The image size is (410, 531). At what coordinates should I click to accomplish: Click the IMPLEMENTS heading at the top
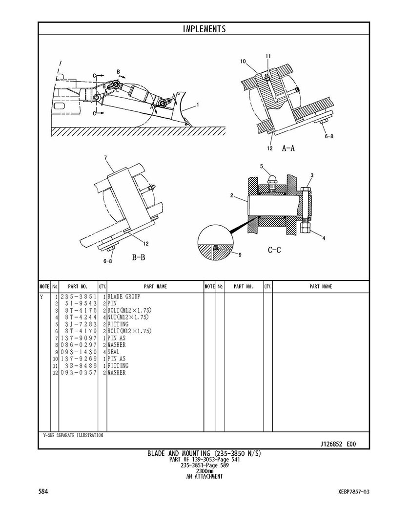pos(204,29)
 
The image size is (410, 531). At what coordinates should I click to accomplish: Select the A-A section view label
pos(288,148)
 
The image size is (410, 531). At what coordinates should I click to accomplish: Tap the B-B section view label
pos(138,257)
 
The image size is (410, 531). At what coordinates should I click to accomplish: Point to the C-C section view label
pos(274,250)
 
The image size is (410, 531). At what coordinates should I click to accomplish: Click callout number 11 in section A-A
pos(268,56)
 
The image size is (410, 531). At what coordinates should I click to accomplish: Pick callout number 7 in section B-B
pos(105,157)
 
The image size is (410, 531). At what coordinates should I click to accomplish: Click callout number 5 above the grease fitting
pos(262,166)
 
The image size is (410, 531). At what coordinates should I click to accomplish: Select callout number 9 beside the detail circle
pos(240,255)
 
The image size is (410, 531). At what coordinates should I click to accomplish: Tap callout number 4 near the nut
pos(324,238)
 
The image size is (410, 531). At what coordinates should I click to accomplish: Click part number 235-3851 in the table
pos(79,297)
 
